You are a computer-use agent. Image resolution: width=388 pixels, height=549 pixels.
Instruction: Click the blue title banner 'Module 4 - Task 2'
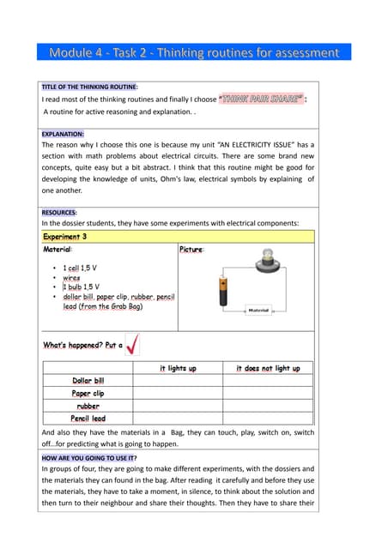point(193,52)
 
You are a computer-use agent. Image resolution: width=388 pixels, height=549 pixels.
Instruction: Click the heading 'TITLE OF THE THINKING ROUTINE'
point(90,87)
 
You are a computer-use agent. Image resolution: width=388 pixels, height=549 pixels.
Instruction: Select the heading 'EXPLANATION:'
point(63,135)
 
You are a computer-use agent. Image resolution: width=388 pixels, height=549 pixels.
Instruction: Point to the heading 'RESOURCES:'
point(59,211)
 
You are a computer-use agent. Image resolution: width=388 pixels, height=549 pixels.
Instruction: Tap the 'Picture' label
point(191,249)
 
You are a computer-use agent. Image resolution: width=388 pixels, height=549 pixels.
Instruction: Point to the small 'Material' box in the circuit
point(258,310)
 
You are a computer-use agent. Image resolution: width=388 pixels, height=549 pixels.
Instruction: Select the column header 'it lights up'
point(178,368)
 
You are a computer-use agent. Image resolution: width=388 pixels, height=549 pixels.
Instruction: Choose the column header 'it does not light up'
point(268,368)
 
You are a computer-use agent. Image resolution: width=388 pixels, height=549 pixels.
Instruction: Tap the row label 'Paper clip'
point(88,393)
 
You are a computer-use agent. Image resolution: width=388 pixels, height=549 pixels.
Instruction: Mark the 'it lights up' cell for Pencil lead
point(178,418)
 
